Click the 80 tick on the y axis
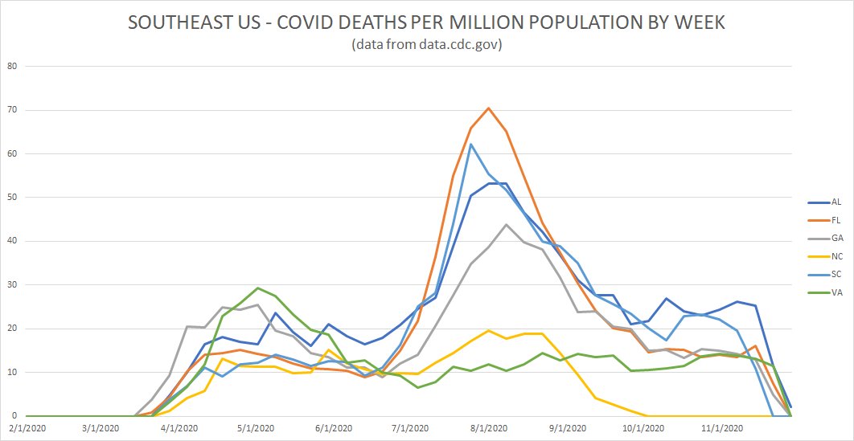click(x=10, y=66)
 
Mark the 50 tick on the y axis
click(x=10, y=197)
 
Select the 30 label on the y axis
click(x=10, y=284)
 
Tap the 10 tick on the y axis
click(x=10, y=372)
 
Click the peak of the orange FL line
click(x=488, y=108)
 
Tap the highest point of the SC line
click(x=470, y=144)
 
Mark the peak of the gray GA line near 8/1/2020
click(x=506, y=225)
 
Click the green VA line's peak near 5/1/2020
click(x=257, y=288)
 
